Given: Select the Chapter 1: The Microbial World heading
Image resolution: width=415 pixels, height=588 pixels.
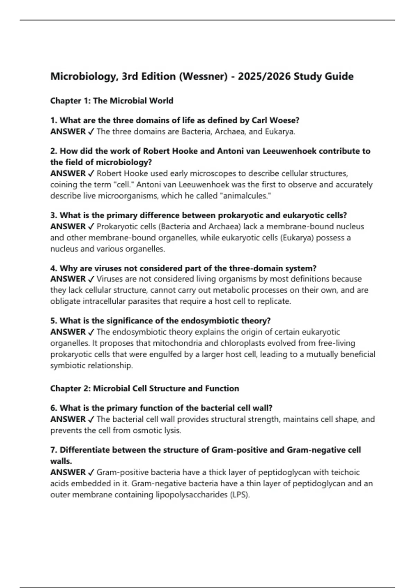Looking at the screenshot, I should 112,101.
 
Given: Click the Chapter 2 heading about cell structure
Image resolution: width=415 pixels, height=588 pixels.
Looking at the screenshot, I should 145,388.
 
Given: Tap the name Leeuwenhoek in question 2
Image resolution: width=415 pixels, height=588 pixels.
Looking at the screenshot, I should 289,151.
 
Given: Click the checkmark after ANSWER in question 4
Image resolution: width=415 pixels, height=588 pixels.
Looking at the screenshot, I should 91,279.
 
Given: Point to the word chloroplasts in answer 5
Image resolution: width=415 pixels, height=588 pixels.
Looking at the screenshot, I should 241,343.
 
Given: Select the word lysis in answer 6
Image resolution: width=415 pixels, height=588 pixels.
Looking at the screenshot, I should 172,431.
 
